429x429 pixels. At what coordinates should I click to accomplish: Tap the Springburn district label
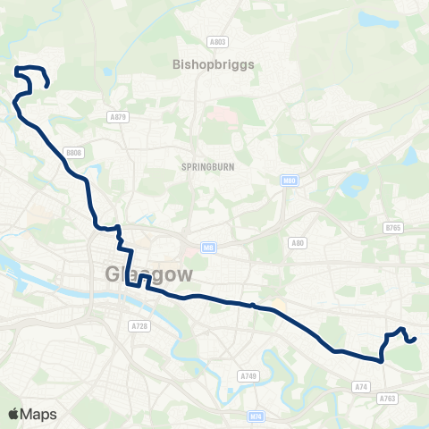point(206,167)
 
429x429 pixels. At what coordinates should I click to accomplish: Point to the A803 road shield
point(218,41)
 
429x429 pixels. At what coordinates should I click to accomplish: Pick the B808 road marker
point(73,153)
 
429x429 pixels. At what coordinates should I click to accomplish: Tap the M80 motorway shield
point(289,181)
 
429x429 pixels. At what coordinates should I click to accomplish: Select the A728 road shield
point(139,327)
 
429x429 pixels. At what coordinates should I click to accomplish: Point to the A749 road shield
point(249,376)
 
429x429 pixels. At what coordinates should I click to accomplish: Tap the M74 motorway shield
point(257,416)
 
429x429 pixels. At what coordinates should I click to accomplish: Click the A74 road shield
point(361,386)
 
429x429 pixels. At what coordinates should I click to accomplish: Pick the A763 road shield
point(387,399)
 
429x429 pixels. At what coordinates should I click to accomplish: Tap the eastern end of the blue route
point(416,339)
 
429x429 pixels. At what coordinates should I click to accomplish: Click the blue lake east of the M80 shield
point(353,184)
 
